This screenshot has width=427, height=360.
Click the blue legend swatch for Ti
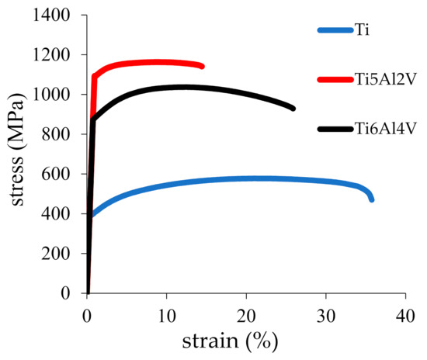pyautogui.click(x=335, y=31)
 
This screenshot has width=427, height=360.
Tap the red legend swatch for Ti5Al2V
pyautogui.click(x=335, y=79)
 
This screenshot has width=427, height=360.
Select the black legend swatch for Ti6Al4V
pyautogui.click(x=335, y=128)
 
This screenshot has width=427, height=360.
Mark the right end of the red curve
pyautogui.click(x=202, y=66)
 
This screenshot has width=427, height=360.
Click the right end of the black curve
pyautogui.click(x=293, y=108)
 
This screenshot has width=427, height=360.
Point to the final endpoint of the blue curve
pyautogui.click(x=372, y=199)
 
